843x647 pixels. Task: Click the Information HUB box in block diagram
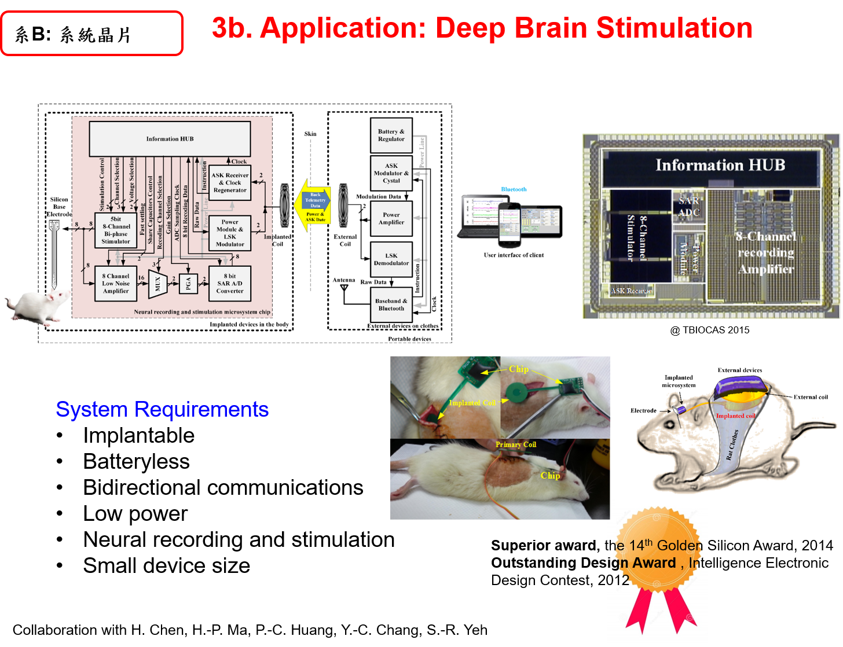point(170,139)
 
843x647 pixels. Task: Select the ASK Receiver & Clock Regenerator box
point(230,183)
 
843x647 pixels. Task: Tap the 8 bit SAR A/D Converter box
point(230,284)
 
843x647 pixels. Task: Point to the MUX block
point(157,284)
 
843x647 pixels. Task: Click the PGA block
point(188,284)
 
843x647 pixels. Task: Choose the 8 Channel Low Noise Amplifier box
point(116,284)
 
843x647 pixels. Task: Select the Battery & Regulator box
point(391,135)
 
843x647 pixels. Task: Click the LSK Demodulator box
point(391,259)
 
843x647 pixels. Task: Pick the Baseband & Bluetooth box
point(391,305)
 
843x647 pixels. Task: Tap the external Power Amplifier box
point(391,219)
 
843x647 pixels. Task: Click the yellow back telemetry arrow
point(313,201)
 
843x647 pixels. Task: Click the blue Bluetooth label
point(514,189)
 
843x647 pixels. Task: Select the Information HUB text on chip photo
point(720,166)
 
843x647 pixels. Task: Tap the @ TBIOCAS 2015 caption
point(710,330)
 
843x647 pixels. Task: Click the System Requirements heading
point(162,410)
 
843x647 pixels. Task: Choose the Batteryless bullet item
point(137,462)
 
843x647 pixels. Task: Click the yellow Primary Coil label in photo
point(515,444)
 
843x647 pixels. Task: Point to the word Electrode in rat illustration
point(643,410)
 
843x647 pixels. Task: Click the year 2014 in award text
point(818,546)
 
